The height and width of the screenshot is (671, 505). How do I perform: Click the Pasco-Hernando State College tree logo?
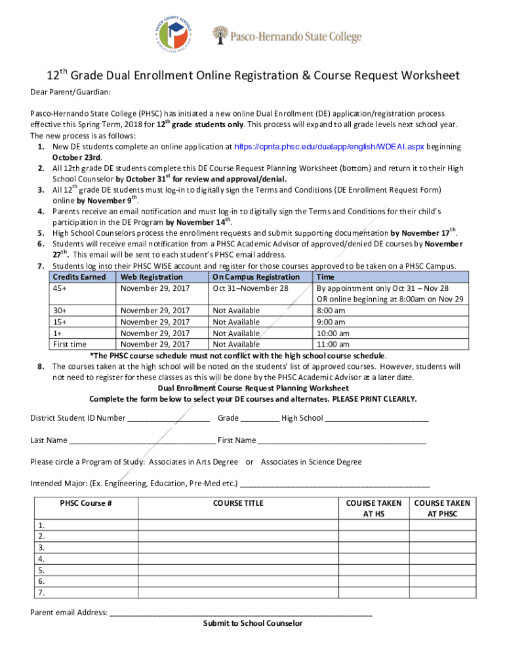click(x=221, y=35)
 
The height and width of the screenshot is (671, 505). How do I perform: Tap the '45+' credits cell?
click(x=62, y=288)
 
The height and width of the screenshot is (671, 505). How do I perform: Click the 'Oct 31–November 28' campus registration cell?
click(x=251, y=288)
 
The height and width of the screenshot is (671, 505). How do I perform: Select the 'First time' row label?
click(x=70, y=344)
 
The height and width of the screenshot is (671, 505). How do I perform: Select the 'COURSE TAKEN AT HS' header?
click(x=374, y=508)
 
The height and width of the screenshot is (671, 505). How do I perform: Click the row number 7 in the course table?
click(x=41, y=592)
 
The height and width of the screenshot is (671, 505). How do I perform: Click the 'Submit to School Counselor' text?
click(x=253, y=623)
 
